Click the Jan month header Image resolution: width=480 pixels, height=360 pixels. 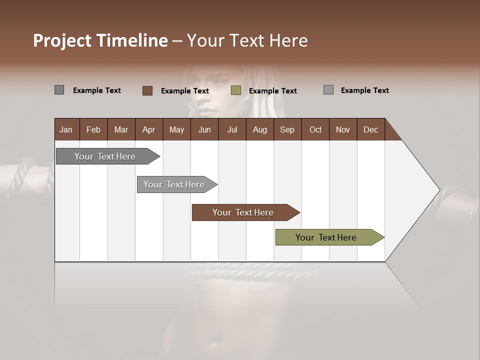(66, 129)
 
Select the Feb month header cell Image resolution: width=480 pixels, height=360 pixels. (93, 129)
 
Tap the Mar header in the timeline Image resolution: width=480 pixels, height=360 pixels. (121, 129)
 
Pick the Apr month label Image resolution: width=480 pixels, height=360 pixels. (149, 129)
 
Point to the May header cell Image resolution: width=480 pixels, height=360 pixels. (176, 129)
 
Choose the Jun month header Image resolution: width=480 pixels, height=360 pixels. (204, 129)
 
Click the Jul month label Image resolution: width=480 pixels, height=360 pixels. (232, 129)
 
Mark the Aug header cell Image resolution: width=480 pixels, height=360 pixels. (260, 129)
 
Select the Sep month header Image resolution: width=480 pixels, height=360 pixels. (287, 129)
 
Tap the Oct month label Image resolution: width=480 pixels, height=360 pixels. (315, 129)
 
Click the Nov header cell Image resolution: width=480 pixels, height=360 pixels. (343, 129)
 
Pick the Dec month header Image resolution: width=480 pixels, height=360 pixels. (371, 129)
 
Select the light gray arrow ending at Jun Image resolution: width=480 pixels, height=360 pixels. (175, 184)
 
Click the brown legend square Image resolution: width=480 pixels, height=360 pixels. (147, 90)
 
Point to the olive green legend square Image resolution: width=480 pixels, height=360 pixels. (236, 90)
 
